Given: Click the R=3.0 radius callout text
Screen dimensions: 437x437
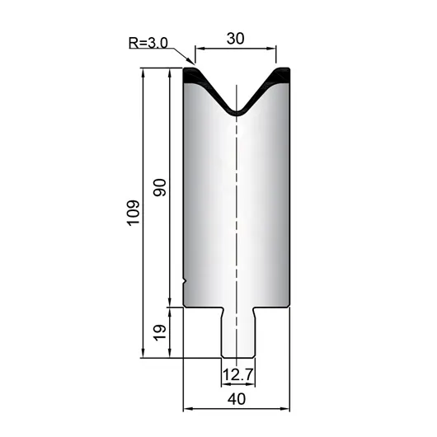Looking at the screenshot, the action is [148, 43].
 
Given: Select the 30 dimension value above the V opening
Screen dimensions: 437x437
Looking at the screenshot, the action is [236, 39].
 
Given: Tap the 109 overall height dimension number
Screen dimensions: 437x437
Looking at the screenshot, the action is [134, 213].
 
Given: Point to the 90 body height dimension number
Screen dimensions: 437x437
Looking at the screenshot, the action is [160, 187].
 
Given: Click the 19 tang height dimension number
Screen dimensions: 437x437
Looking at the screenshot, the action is [160, 332].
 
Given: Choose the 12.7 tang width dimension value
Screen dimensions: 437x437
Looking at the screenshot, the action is [237, 374].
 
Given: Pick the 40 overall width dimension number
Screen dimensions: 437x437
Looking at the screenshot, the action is [237, 399].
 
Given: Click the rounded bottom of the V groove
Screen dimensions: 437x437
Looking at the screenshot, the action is [237, 112].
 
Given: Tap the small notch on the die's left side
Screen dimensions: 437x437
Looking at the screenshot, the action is [185, 281].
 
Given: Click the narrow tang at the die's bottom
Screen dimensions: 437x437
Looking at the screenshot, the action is [237, 332].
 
